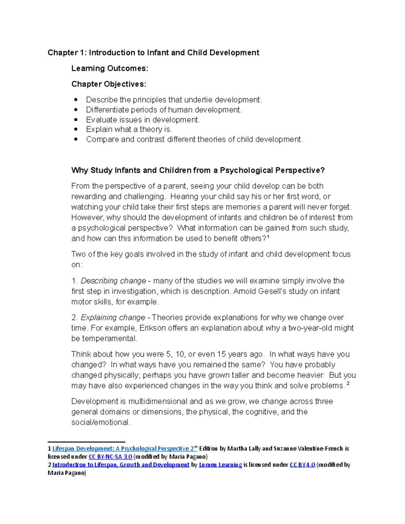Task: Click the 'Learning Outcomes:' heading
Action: tap(110, 68)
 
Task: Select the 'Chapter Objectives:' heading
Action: tap(109, 84)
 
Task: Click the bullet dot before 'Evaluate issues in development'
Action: tap(76, 119)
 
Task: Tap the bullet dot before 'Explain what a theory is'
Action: tap(76, 129)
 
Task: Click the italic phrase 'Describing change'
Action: tap(113, 281)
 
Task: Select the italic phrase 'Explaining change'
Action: tap(113, 318)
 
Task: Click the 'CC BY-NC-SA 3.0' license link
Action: tap(110, 457)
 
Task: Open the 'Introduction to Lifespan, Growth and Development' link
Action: tap(121, 465)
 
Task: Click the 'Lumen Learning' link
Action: tap(220, 465)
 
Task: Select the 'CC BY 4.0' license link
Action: tap(302, 465)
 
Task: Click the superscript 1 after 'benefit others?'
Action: tap(268, 237)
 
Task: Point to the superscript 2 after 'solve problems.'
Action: tap(348, 384)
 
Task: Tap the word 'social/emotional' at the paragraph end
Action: tap(100, 422)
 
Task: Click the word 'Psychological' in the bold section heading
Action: tap(246, 170)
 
